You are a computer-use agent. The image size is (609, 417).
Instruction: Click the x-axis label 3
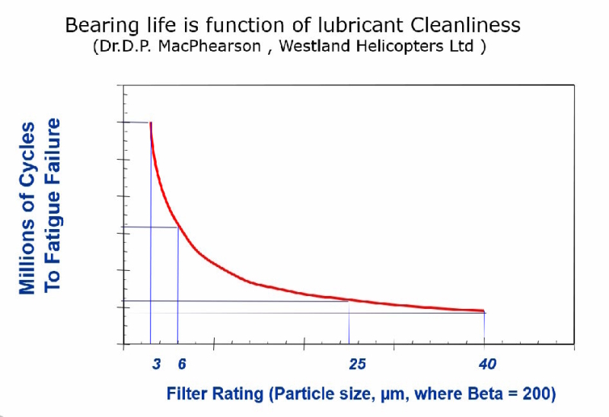pos(156,364)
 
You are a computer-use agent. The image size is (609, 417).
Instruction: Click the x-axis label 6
pos(182,364)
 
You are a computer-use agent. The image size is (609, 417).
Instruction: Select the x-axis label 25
pos(357,364)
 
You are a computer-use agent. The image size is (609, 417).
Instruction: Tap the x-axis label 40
pos(487,364)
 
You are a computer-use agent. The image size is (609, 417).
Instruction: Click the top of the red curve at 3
pos(151,123)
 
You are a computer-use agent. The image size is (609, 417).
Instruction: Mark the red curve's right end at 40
pos(483,310)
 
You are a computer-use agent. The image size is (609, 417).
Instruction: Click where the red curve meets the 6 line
pos(178,227)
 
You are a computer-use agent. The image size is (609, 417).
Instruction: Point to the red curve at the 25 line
pos(349,300)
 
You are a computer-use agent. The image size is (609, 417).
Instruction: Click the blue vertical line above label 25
pos(349,323)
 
